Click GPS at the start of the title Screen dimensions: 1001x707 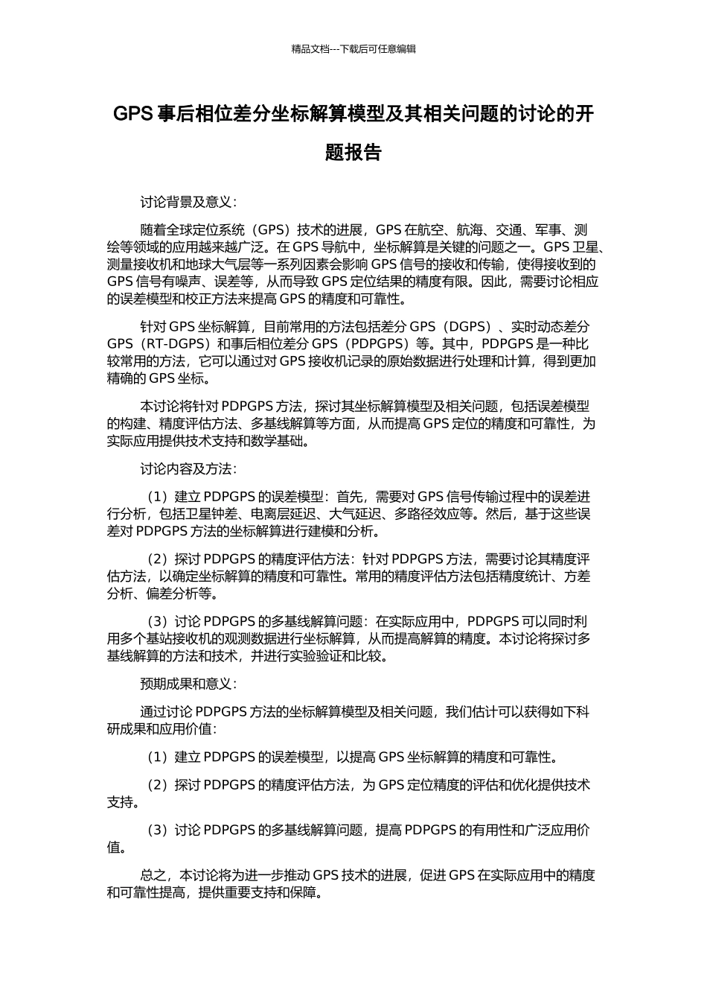(132, 114)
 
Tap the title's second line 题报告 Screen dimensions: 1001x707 (353, 153)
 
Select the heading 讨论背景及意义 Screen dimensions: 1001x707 (187, 202)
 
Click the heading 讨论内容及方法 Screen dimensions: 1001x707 (187, 469)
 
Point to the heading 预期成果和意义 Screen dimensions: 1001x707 (187, 684)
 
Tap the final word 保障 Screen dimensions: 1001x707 (305, 893)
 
